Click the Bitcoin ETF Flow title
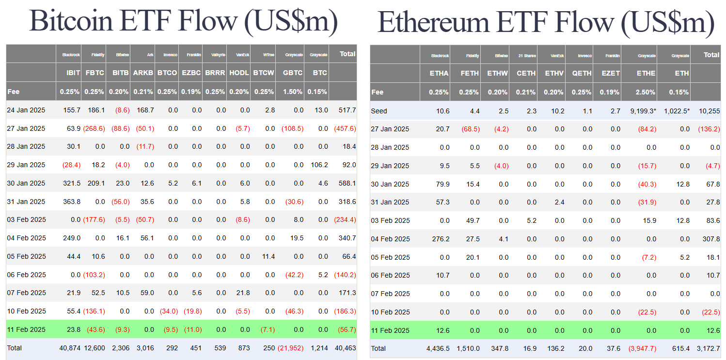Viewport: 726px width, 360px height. pos(183,21)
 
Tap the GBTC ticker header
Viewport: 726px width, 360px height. pos(292,73)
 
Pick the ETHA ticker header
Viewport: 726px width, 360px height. pos(439,73)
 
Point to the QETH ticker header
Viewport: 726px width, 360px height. pos(582,73)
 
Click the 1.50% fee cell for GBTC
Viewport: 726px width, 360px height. pos(293,92)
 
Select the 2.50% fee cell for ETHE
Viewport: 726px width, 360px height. pos(646,92)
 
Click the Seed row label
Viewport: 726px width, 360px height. pos(379,111)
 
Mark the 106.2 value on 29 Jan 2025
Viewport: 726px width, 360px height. pos(318,165)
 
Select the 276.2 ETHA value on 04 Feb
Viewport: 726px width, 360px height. pos(440,239)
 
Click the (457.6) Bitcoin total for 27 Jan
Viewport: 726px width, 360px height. pos(345,128)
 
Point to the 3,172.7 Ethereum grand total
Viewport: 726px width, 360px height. pos(707,348)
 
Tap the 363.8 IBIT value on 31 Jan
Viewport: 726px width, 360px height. pos(71,202)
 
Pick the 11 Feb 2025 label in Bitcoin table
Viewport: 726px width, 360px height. pos(26,329)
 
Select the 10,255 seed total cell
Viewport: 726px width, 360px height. pos(709,111)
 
